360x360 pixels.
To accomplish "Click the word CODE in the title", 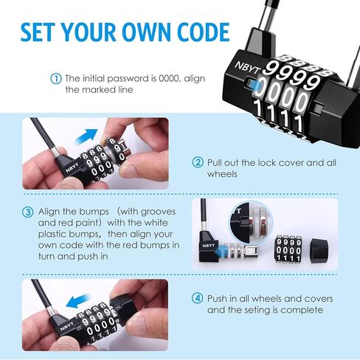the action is coord(204,32).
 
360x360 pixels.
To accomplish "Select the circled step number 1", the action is coord(56,79).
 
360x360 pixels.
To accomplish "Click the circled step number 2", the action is coord(198,162).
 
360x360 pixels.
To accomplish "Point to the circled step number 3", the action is coord(27,212).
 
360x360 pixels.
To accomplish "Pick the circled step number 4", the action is coord(197,298).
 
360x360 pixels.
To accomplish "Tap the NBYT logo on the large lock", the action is coord(247,67).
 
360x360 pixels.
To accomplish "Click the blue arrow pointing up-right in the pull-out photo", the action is coord(86,136).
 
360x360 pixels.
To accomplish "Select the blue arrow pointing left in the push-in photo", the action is coord(77,301).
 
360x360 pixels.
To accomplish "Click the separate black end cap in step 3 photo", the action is coord(319,251).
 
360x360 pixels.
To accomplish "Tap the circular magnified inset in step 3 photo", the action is coord(251,221).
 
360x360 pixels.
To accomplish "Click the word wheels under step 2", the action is coord(222,174).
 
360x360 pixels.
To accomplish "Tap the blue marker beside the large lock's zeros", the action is coord(256,86).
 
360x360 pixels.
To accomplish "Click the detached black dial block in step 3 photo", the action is coord(288,249).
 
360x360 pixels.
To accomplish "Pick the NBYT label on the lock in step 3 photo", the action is coord(208,246).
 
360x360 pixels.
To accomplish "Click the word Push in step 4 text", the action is coord(217,299).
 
